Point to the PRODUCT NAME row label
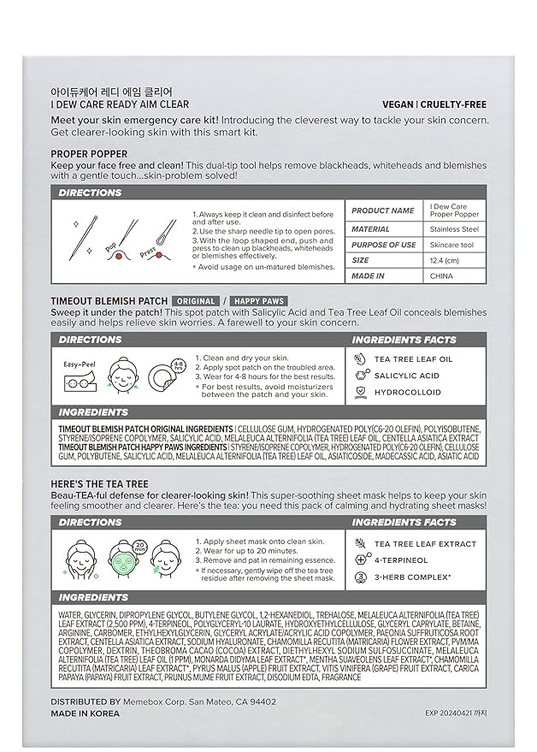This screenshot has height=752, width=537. tap(382, 210)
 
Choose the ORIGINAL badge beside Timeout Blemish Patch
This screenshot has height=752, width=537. tap(195, 301)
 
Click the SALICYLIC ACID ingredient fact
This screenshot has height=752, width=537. tap(407, 376)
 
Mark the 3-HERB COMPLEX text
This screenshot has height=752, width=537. tap(412, 577)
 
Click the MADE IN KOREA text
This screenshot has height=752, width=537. tap(86, 713)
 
